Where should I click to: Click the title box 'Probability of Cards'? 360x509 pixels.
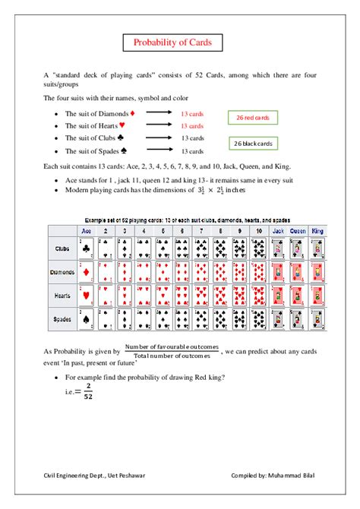click(x=179, y=43)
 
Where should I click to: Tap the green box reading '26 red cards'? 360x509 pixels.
click(x=254, y=118)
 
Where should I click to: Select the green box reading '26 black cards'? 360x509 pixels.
click(x=254, y=144)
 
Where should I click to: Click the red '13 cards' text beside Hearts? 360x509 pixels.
click(x=192, y=126)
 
